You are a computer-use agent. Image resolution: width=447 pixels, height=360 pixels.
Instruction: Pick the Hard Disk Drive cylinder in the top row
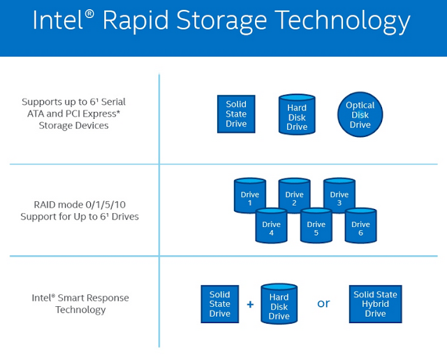click(x=297, y=115)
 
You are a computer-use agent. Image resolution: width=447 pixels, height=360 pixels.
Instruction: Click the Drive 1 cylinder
click(x=249, y=198)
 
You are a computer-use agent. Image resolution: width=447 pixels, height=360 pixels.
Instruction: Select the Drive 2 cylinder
click(x=294, y=198)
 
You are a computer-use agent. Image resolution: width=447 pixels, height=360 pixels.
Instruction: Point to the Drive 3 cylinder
click(x=339, y=198)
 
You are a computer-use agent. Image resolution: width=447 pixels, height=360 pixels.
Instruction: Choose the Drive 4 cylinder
click(x=271, y=227)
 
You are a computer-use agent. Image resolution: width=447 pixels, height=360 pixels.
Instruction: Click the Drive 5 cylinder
click(x=316, y=227)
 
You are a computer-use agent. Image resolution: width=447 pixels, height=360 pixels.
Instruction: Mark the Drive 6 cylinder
click(x=360, y=227)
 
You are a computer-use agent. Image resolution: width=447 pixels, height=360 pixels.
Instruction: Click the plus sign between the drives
click(x=249, y=305)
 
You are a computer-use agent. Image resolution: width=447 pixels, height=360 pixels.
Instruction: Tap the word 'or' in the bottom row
click(x=323, y=304)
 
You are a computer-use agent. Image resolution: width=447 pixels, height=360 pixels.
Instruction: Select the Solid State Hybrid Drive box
click(x=375, y=304)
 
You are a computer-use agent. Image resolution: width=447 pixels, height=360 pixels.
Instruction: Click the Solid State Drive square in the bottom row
click(x=219, y=304)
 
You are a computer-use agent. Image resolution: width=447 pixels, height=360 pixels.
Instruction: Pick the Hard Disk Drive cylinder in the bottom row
click(x=279, y=305)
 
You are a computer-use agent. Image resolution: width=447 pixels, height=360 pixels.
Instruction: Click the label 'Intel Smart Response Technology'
click(x=80, y=303)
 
